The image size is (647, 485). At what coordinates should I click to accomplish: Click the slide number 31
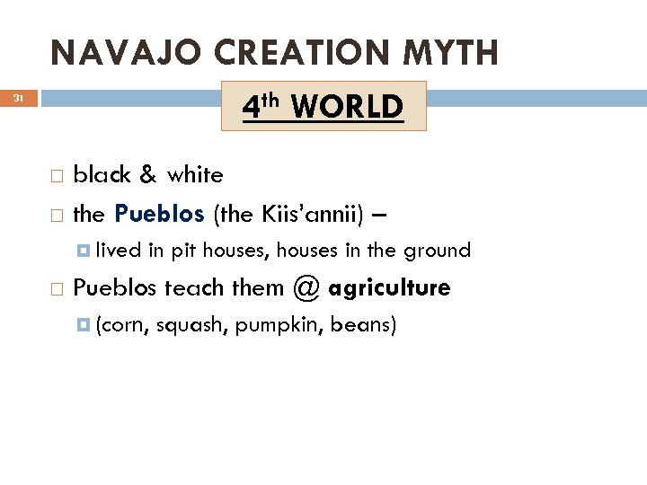click(x=19, y=99)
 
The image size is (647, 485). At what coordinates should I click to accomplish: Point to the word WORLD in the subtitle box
click(x=347, y=107)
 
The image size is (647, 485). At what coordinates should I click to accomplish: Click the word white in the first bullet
click(x=194, y=174)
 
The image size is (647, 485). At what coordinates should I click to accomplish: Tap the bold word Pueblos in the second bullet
click(x=160, y=214)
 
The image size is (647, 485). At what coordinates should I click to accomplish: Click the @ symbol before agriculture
click(x=306, y=288)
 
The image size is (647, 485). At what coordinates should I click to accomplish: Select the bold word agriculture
click(x=390, y=288)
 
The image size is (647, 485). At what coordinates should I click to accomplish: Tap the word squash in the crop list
click(x=191, y=324)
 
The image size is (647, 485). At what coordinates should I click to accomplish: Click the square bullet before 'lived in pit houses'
click(x=84, y=250)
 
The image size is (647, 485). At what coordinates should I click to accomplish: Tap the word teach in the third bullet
click(x=190, y=288)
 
